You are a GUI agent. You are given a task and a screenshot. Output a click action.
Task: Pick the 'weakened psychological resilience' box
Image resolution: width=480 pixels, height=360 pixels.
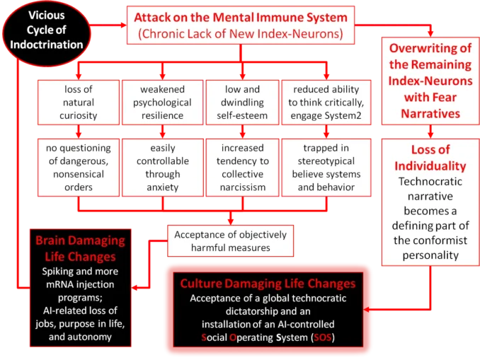162,103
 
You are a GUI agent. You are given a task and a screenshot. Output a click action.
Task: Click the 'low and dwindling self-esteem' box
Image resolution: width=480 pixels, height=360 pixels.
242,103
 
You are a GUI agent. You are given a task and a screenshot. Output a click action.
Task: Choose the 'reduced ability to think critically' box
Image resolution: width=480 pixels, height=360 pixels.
326,103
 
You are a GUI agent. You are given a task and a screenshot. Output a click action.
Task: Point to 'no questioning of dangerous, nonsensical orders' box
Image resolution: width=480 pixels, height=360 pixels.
77,168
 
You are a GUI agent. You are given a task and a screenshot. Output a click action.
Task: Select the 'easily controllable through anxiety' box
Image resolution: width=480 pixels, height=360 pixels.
162,168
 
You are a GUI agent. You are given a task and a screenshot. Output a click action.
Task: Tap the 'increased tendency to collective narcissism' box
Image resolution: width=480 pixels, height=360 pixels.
242,168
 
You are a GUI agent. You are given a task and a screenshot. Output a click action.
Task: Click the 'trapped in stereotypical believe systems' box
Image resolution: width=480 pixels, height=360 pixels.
326,168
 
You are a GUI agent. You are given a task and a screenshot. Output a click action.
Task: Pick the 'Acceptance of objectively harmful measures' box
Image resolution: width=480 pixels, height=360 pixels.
229,241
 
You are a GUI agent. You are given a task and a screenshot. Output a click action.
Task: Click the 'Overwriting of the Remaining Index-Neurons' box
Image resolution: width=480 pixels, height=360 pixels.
430,81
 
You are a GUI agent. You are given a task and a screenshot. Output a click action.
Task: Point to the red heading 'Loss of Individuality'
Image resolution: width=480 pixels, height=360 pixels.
430,158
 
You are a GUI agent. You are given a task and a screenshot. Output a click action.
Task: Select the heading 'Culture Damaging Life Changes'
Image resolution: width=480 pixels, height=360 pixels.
267,283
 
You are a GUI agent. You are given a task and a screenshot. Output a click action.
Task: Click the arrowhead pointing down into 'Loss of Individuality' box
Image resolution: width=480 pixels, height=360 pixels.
430,132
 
